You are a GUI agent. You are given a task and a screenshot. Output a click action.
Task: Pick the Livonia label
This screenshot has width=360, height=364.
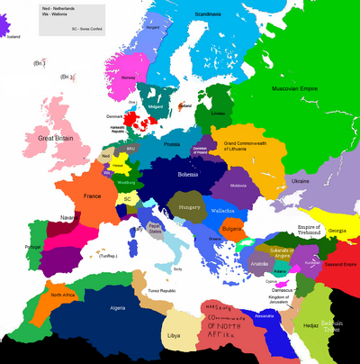coord(219,113)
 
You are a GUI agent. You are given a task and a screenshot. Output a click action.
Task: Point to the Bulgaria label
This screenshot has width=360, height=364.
coord(231,230)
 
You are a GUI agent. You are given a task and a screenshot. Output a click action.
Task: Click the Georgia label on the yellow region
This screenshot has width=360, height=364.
coord(337,232)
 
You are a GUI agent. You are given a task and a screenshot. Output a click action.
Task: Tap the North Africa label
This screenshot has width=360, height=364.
coord(62,295)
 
